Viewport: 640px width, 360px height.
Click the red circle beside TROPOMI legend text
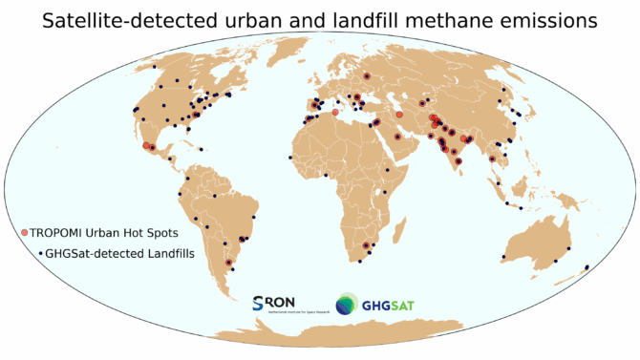pos(26,233)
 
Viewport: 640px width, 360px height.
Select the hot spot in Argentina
pos(227,262)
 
